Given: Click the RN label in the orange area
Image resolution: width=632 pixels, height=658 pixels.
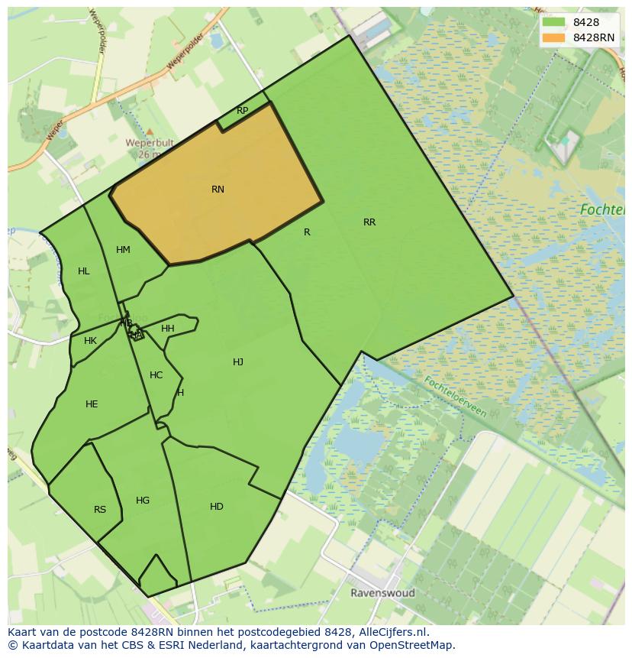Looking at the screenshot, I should (218, 190).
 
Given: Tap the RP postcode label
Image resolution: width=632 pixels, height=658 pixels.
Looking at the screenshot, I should (242, 111).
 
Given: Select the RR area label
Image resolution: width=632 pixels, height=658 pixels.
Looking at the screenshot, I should (369, 222).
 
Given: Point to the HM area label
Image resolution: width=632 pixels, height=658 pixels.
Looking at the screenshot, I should (123, 250).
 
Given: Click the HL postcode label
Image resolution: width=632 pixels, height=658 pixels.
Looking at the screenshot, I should (84, 271).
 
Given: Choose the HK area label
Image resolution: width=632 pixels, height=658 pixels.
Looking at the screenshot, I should (91, 341).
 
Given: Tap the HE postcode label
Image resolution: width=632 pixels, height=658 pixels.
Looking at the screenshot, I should (92, 404).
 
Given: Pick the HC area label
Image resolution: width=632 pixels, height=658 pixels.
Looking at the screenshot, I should (156, 375).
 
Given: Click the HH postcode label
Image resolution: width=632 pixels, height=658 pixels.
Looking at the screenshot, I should (168, 329).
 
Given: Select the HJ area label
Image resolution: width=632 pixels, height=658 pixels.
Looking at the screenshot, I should (238, 362).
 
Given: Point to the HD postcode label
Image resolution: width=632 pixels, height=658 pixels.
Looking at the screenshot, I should (217, 507).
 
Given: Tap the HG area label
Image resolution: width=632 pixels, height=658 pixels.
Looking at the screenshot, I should (143, 501).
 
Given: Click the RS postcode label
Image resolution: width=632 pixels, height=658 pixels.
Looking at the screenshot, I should (100, 510).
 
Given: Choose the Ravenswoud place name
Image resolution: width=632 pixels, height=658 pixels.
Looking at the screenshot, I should (382, 593).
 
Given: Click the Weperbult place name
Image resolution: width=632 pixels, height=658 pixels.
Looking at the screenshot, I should (150, 143).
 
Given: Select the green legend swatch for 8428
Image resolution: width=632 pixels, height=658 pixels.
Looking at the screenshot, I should (553, 22).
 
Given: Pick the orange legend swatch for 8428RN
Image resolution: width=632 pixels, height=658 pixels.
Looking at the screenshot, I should (553, 37).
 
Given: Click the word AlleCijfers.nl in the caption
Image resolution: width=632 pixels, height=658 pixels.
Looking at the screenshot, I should (392, 633).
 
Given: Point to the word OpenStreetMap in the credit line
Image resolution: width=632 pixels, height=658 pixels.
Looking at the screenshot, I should (411, 645).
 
